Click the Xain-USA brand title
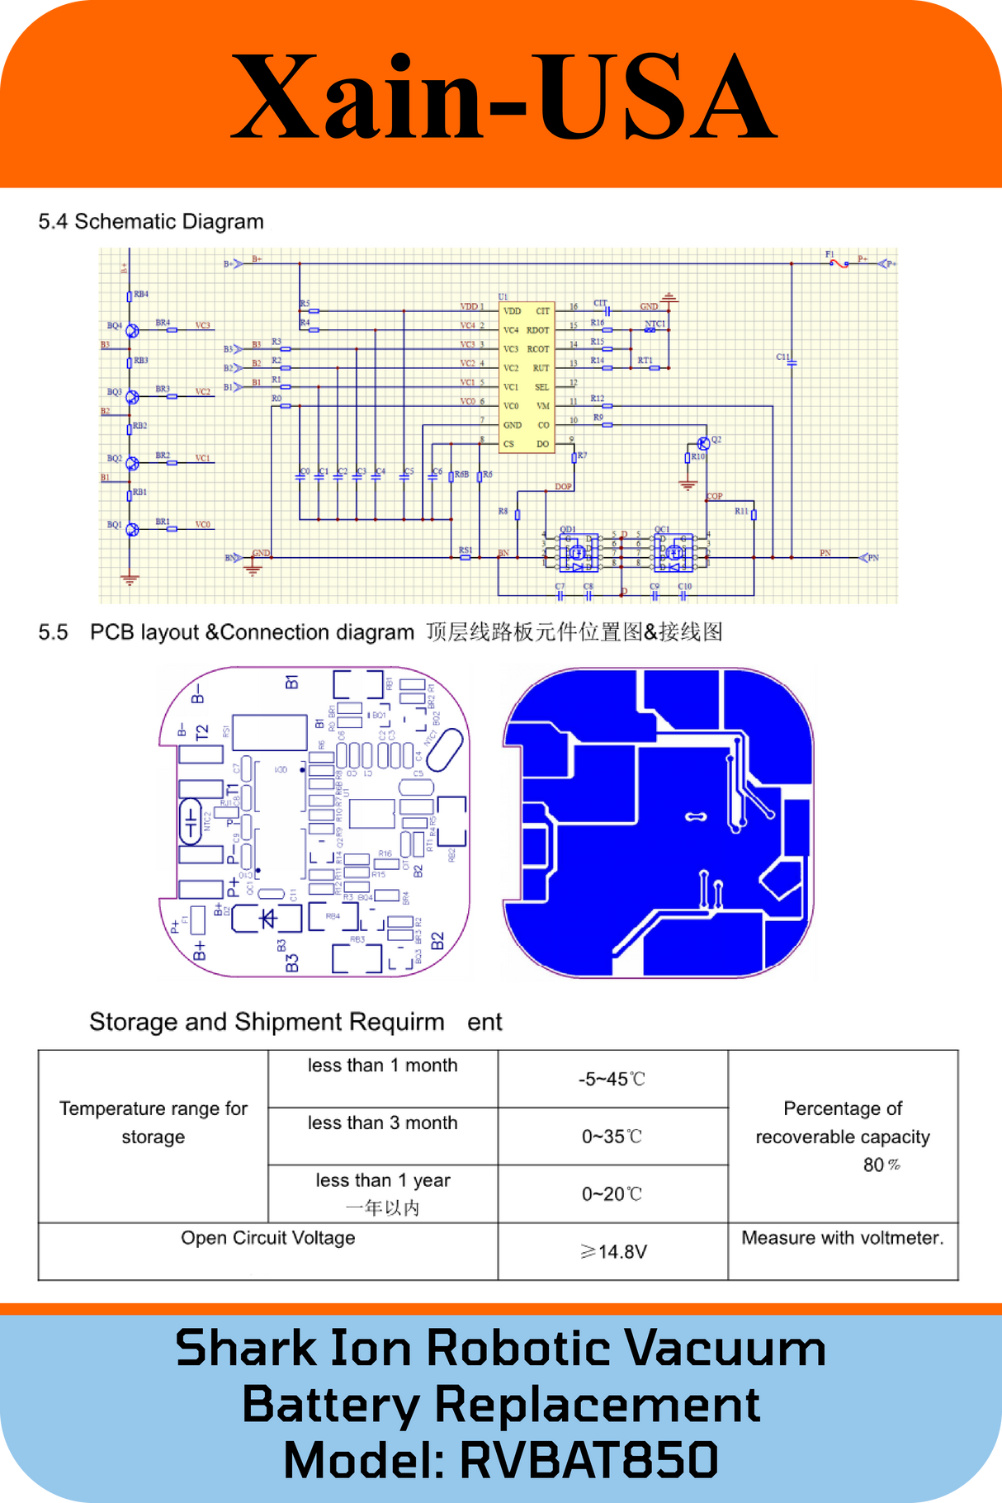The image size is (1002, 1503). point(503,97)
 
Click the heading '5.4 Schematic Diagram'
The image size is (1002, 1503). point(151,221)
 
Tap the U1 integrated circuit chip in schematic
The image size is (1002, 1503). point(527,377)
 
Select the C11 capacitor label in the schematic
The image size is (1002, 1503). point(783,357)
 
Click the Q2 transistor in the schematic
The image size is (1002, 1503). point(703,443)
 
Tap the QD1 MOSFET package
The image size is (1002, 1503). point(577,551)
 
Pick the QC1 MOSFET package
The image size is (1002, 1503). point(674,551)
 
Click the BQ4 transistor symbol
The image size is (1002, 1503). point(132,330)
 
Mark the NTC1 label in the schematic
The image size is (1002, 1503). point(655,324)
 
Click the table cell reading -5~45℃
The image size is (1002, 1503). point(612,1079)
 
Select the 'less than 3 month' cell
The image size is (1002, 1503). point(383,1123)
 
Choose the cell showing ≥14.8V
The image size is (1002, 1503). point(612,1251)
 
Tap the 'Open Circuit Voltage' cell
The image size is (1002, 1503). point(268,1237)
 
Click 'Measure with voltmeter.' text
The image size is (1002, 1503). point(842,1237)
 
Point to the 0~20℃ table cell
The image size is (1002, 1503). point(612,1193)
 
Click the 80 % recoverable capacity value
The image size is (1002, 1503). point(880,1165)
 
